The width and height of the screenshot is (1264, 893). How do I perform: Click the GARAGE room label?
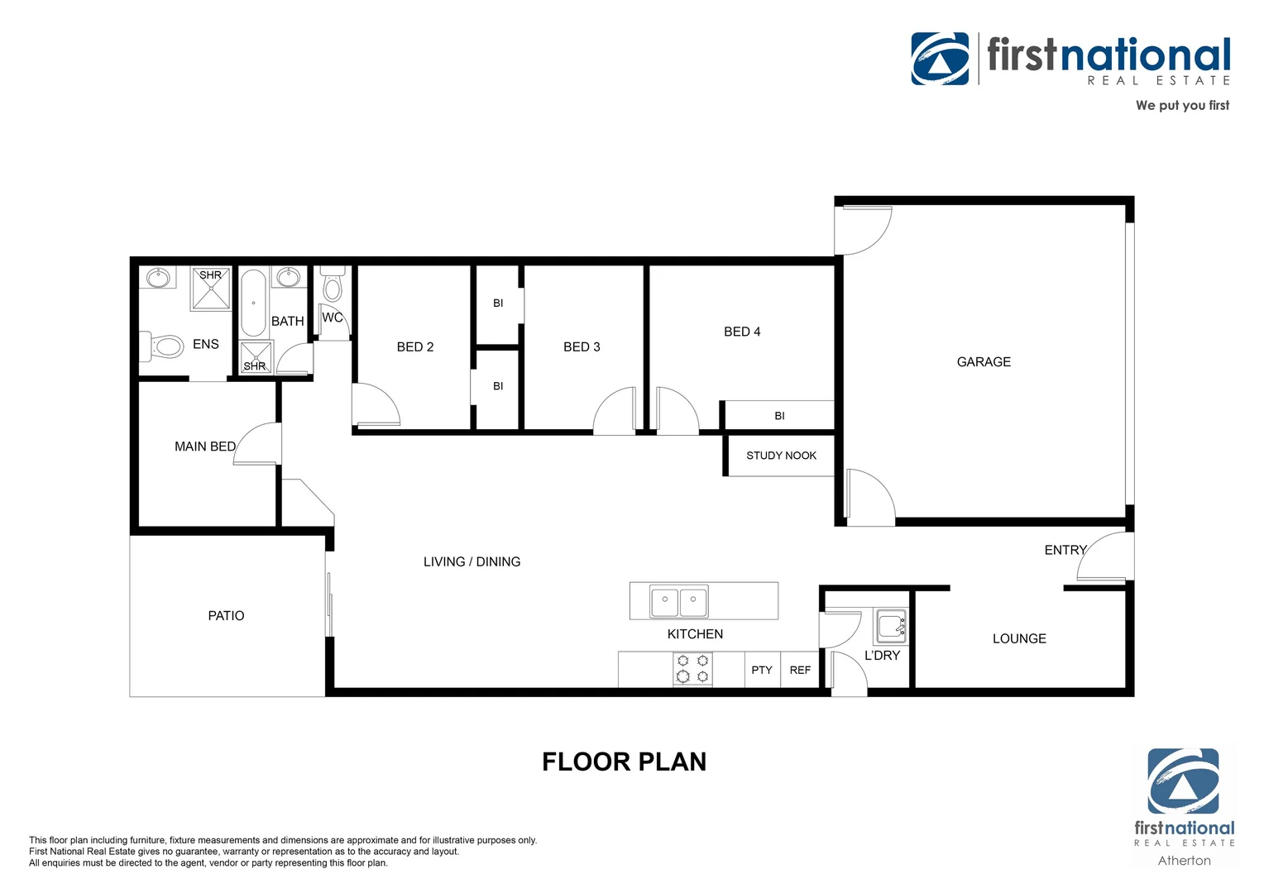tap(984, 362)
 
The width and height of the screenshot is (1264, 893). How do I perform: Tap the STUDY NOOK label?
tap(781, 456)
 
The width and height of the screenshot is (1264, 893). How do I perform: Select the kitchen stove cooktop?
tap(692, 669)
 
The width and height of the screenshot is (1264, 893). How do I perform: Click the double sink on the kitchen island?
tap(679, 601)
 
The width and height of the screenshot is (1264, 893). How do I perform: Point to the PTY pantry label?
tap(762, 671)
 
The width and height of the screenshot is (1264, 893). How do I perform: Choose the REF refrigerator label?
tap(800, 671)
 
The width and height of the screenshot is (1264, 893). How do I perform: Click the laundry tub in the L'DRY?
tap(891, 626)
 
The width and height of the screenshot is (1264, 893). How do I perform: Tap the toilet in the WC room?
tap(333, 284)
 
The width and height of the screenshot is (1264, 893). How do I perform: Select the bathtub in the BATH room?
tap(253, 303)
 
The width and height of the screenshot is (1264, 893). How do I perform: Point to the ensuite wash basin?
tap(158, 277)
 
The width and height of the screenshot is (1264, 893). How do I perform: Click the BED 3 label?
tap(582, 347)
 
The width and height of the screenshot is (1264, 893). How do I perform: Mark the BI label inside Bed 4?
tap(779, 416)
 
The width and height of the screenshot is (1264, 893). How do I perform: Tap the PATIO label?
tap(226, 616)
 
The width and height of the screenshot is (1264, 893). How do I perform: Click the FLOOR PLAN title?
tap(624, 762)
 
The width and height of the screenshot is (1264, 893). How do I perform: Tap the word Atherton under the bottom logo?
tap(1184, 861)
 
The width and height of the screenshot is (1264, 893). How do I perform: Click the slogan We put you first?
tap(1182, 105)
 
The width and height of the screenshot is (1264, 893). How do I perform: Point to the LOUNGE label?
tap(1019, 639)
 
